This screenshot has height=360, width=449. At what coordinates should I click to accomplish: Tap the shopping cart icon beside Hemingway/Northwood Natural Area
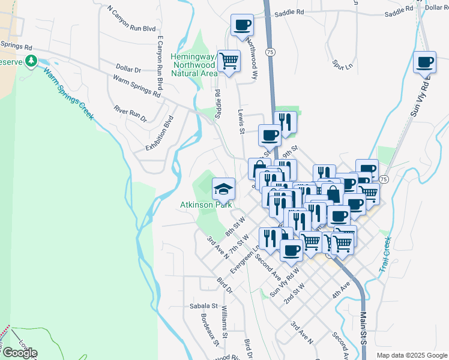229,60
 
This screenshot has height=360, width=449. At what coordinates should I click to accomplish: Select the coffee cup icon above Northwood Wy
243,25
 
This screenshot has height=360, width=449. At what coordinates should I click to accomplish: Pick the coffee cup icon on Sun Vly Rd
425,61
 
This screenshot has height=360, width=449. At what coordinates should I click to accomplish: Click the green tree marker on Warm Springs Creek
29,61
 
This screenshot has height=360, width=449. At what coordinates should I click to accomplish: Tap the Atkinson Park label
206,205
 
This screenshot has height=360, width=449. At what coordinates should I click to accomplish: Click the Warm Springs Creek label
67,93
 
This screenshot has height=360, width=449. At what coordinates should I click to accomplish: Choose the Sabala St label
203,305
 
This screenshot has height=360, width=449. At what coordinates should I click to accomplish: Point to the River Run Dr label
130,113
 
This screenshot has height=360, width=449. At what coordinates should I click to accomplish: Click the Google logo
20,353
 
